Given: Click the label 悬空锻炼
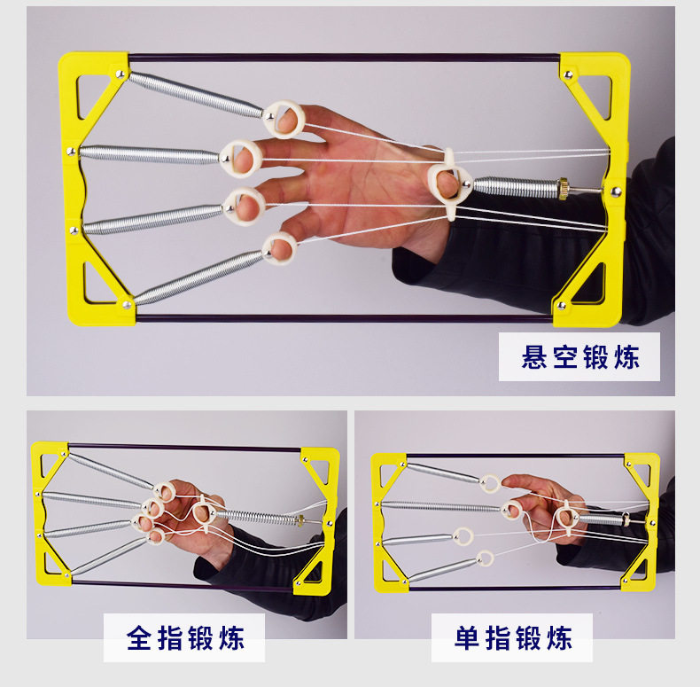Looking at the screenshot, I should pyautogui.click(x=579, y=357).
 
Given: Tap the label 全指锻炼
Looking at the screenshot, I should pyautogui.click(x=184, y=637).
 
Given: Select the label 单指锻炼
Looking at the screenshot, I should pyautogui.click(x=512, y=637).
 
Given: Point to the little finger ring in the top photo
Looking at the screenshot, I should pyautogui.click(x=280, y=247).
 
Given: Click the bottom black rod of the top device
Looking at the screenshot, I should pyautogui.click(x=346, y=316).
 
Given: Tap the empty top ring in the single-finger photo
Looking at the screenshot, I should pyautogui.click(x=489, y=483).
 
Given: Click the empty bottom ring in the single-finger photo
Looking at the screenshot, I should pyautogui.click(x=485, y=558).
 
